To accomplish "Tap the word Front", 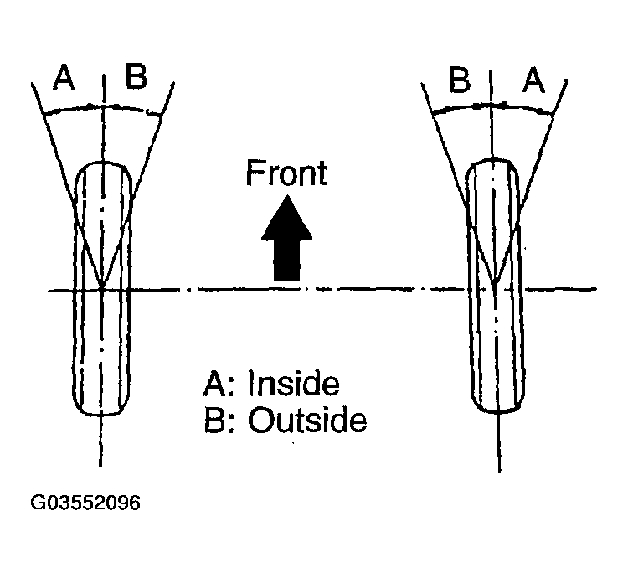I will click(286, 173).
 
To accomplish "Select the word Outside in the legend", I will click(307, 421).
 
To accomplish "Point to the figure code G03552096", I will click(85, 503).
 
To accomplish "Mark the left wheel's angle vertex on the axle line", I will click(101, 289).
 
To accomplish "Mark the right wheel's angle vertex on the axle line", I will click(495, 289).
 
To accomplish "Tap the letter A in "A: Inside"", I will click(213, 385).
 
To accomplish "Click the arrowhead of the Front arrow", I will click(286, 209).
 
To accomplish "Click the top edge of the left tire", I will click(101, 163).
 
